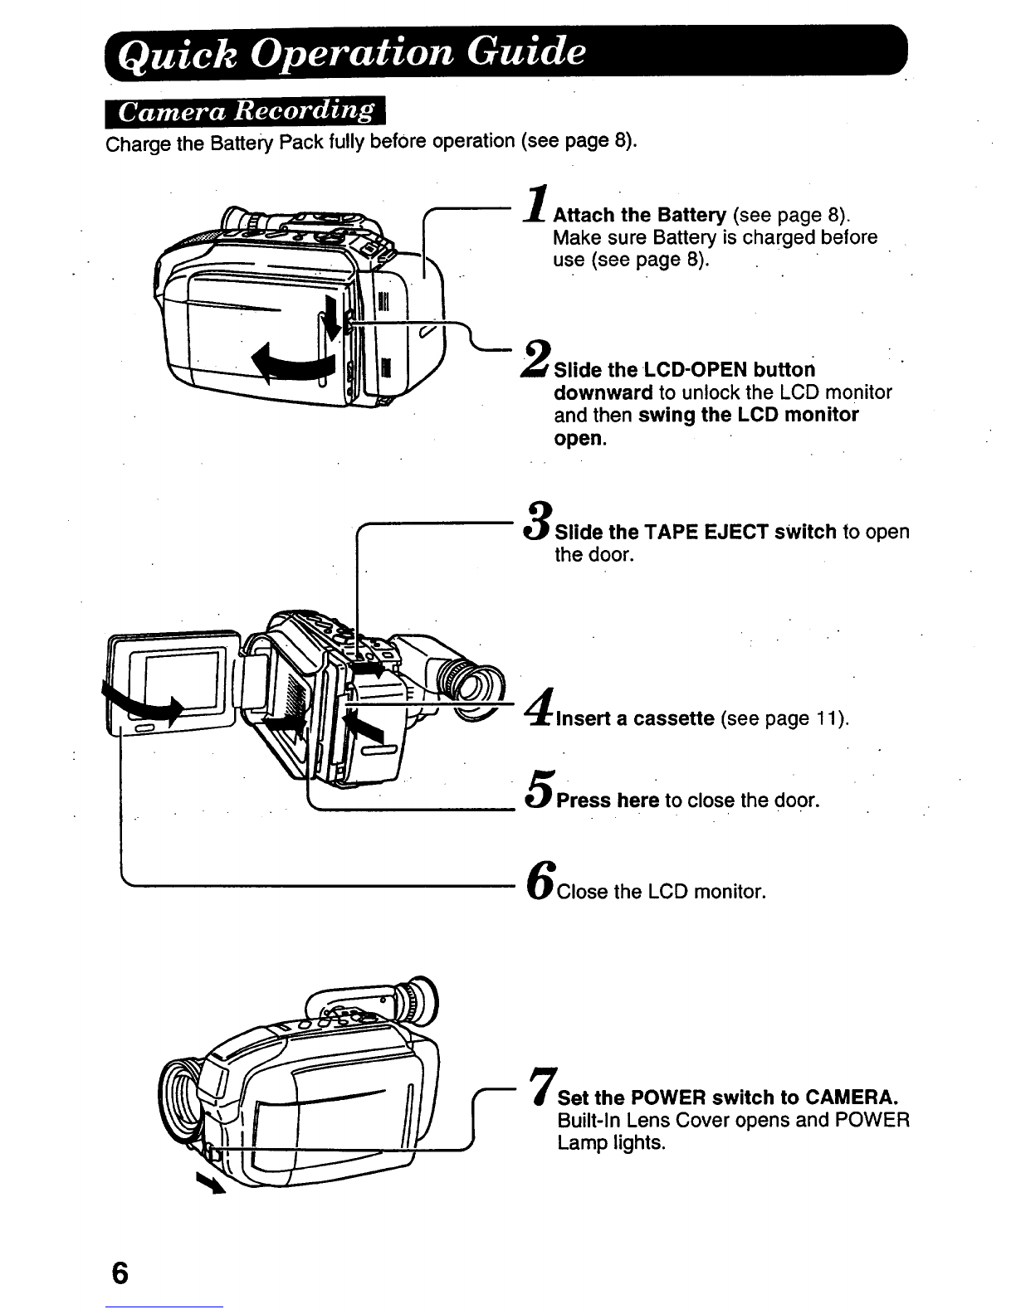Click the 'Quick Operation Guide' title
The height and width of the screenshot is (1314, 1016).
point(351,53)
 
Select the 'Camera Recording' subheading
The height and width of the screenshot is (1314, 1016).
point(246,112)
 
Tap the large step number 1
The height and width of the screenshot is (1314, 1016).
point(537,204)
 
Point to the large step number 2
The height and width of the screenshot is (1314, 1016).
point(536,359)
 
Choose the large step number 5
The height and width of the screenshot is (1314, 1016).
point(540,789)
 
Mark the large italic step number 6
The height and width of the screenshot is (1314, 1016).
point(541,880)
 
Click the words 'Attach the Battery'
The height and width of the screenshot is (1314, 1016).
point(640,216)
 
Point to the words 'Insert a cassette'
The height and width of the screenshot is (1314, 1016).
point(635,718)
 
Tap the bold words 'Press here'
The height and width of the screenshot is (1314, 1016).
point(608,801)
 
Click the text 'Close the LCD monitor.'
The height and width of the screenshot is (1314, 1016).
point(662,892)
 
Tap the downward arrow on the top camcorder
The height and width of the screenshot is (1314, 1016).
point(331,319)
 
